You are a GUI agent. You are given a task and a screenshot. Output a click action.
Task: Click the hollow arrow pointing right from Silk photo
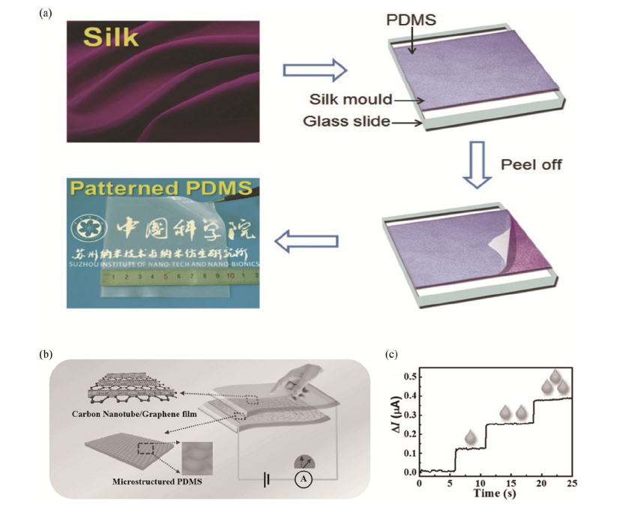[x=314, y=70]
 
